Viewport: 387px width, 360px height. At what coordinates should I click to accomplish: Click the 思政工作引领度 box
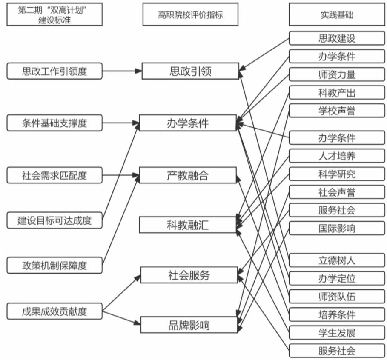point(54,71)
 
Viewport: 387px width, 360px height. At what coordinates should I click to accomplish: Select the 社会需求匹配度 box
point(54,175)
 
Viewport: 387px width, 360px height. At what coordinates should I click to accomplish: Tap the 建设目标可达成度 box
point(54,220)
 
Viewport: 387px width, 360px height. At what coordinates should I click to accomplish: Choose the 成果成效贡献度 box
point(54,311)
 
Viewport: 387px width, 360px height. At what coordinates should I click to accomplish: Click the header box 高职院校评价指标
point(190,15)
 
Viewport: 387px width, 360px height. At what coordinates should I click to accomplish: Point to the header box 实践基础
point(337,15)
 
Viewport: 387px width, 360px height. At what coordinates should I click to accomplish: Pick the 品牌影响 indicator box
point(189,325)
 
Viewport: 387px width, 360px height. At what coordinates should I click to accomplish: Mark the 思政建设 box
point(337,38)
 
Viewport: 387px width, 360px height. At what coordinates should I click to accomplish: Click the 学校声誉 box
point(337,111)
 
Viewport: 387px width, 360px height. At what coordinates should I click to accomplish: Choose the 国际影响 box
point(337,228)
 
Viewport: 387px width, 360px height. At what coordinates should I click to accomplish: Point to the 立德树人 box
point(337,260)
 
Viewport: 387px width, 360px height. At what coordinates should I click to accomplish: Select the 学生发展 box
point(337,332)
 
